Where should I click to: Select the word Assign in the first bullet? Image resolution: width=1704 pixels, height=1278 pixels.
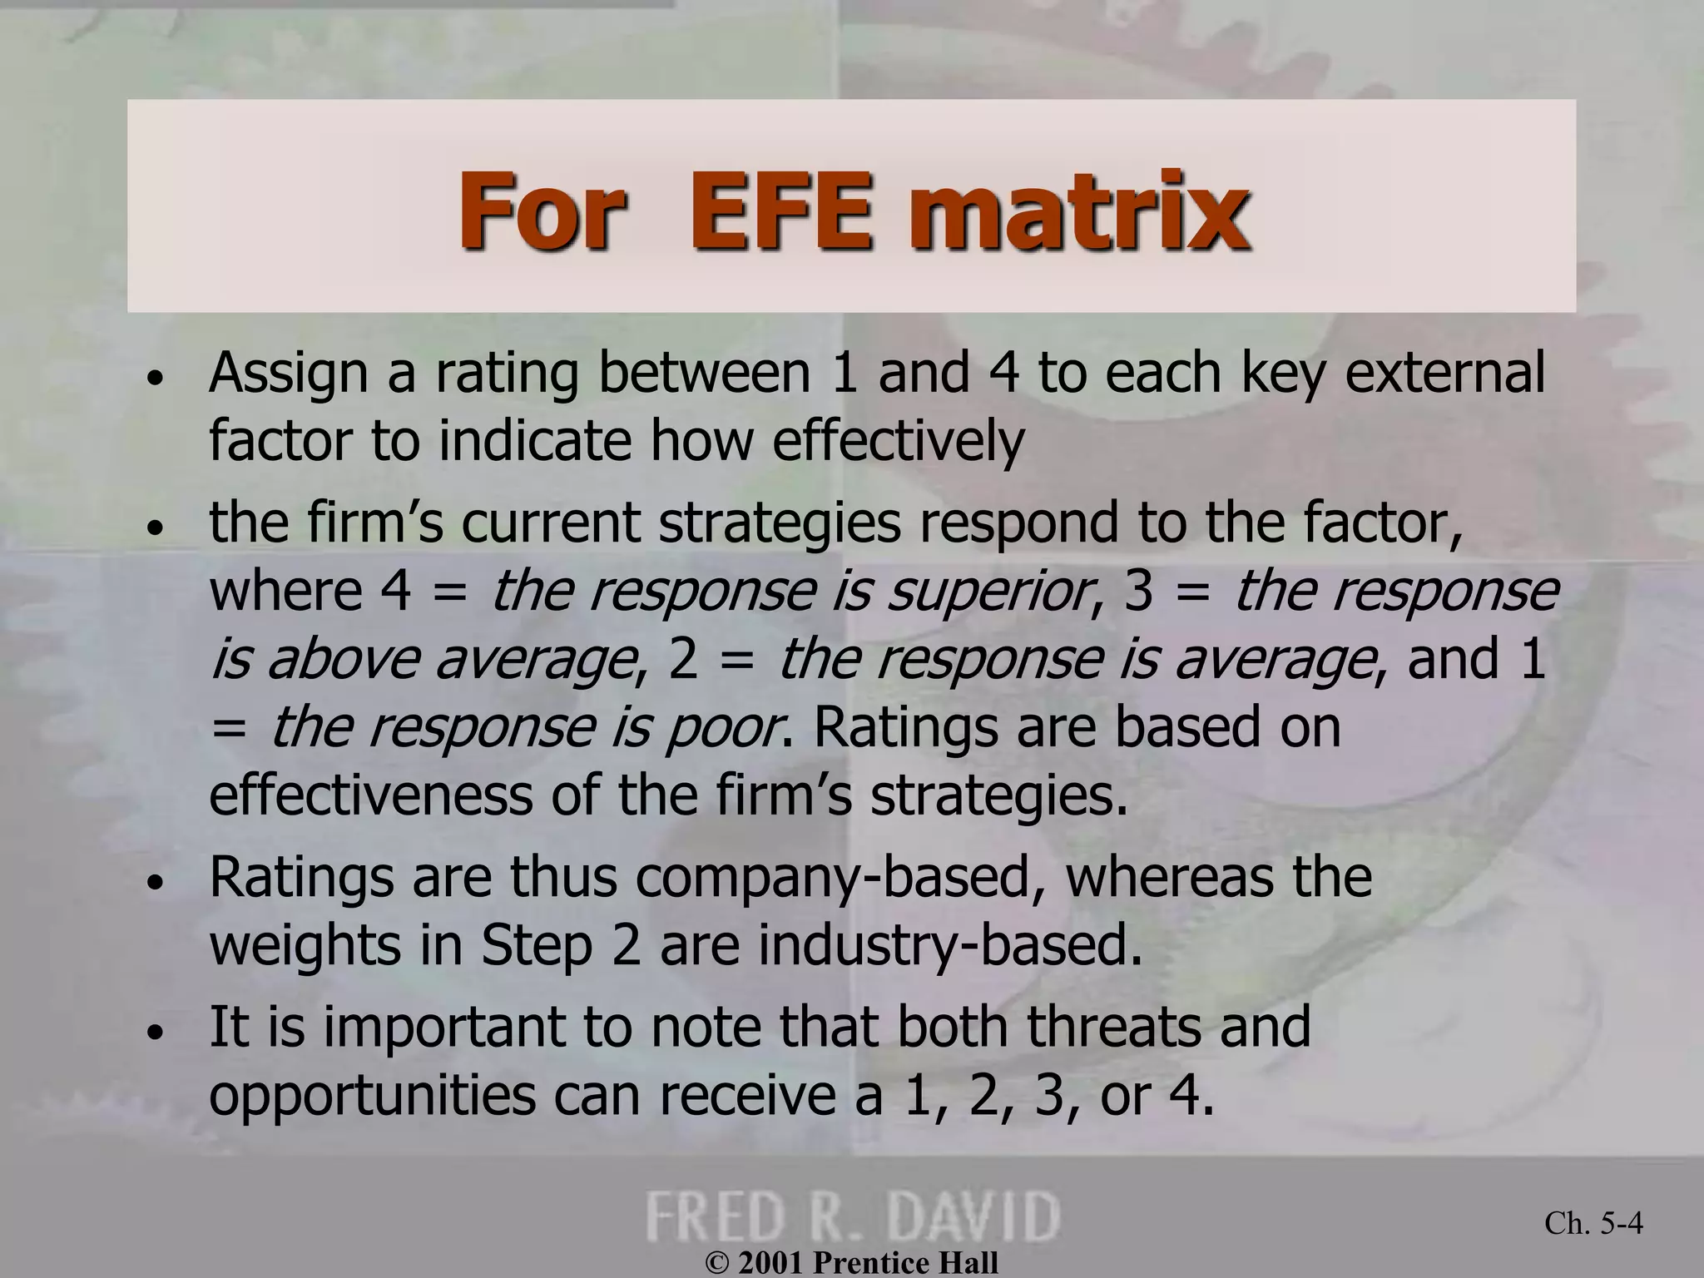pyautogui.click(x=288, y=374)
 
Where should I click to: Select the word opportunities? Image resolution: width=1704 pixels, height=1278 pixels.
pyautogui.click(x=372, y=1097)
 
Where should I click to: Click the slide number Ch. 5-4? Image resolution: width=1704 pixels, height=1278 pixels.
pyautogui.click(x=1593, y=1223)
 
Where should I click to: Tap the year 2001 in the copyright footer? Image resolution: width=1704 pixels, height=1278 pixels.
pyautogui.click(x=771, y=1263)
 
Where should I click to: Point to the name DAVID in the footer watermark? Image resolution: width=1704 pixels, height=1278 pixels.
pyautogui.click(x=983, y=1216)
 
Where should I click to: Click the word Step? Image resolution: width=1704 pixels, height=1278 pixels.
pyautogui.click(x=536, y=947)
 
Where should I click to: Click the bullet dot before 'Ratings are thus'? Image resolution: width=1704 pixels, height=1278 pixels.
pyautogui.click(x=155, y=885)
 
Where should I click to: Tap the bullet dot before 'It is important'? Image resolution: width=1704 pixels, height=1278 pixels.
pyautogui.click(x=155, y=1033)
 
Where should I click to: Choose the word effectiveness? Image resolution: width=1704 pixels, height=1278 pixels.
pyautogui.click(x=370, y=795)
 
